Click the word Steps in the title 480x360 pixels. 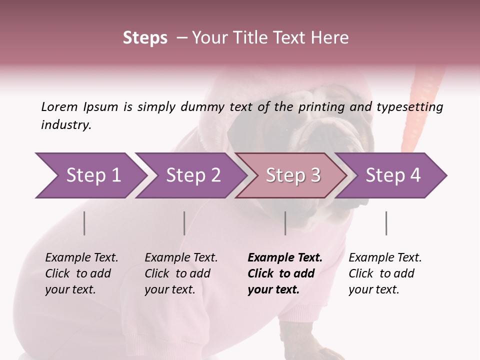(145, 38)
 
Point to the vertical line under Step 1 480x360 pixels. (84, 223)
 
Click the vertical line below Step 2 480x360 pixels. (184, 223)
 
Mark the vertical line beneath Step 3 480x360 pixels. (285, 223)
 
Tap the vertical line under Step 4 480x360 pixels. (386, 223)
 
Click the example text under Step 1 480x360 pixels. (81, 273)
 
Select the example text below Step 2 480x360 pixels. (181, 273)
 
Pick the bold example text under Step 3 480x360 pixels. (285, 273)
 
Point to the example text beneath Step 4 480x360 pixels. (385, 273)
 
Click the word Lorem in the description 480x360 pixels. (59, 107)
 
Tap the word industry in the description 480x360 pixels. (66, 125)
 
